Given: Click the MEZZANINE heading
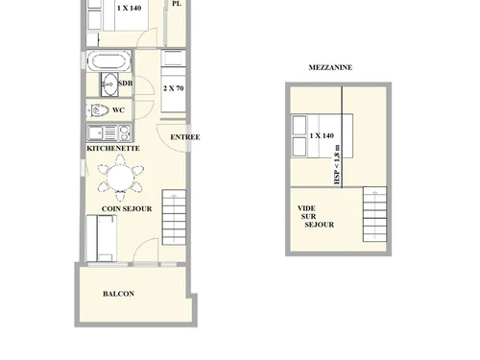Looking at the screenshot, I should (332, 67).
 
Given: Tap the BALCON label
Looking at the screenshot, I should (118, 294).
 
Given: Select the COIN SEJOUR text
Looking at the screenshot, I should (127, 207).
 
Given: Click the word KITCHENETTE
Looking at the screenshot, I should (114, 149).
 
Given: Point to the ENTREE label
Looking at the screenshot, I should (185, 137).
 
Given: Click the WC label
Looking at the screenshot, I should (119, 110).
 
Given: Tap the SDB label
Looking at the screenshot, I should (124, 84).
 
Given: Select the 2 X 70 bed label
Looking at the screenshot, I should (175, 88).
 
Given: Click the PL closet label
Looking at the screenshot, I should (176, 4).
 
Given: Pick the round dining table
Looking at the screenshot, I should (122, 178).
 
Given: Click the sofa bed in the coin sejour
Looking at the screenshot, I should (103, 236).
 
